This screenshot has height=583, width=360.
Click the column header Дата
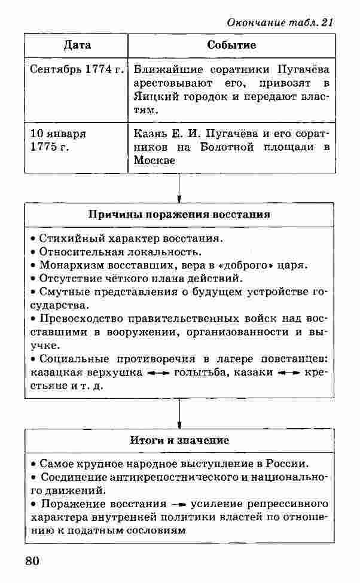tap(76, 45)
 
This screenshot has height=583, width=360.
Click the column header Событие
tap(231, 45)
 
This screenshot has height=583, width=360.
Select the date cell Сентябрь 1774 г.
tap(77, 69)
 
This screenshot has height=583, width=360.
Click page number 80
tap(32, 561)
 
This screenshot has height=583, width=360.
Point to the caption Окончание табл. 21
tap(279, 22)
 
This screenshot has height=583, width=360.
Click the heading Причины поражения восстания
tap(179, 214)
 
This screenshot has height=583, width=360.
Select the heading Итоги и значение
tap(179, 441)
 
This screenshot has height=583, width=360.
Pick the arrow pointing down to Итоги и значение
tap(179, 413)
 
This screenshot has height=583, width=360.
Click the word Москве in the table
tap(154, 161)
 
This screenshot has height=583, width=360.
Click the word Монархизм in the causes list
tap(66, 265)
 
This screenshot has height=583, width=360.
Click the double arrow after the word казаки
tap(289, 373)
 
